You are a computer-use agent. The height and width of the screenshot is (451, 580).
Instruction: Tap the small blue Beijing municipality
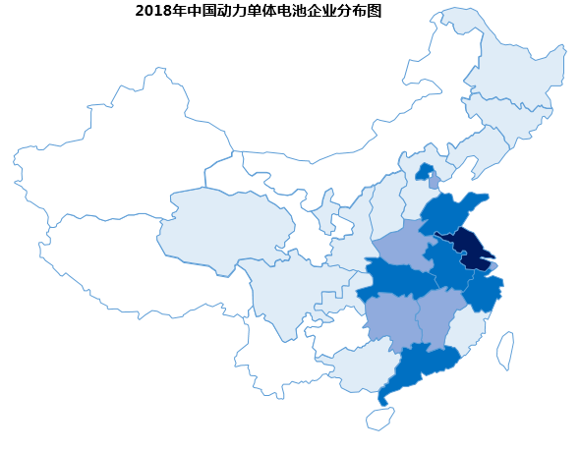coord(424,173)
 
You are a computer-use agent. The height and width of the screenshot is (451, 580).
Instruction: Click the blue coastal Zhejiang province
coord(482,292)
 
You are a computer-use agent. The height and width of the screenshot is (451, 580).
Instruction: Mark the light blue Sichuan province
coord(285,295)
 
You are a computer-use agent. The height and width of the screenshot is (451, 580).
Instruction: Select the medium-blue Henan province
coord(403,246)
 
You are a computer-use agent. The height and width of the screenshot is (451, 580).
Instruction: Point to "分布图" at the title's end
coord(360,12)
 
